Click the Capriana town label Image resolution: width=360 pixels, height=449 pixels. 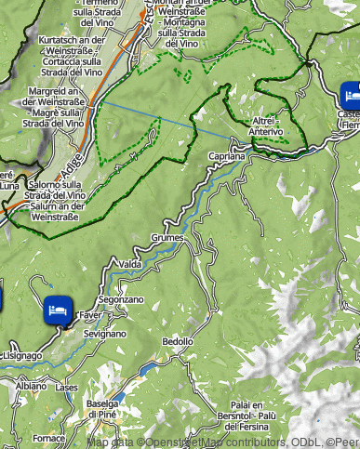pos(226,157)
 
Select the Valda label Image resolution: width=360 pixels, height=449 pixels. pos(130,264)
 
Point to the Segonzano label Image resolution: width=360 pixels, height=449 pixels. pos(121,300)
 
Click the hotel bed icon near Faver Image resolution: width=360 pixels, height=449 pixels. pos(57,310)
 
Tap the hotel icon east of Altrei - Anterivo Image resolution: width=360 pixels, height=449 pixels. pos(351,94)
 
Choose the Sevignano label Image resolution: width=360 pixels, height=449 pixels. pos(103,332)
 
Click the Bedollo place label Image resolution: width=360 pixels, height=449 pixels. pos(178,341)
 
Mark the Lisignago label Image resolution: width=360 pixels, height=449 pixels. pos(21,355)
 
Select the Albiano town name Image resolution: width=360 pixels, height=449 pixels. pos(30,385)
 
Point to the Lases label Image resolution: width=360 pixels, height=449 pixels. pos(67,387)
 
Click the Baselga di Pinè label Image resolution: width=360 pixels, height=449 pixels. pos(102,408)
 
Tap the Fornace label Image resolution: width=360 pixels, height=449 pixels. pos(48,437)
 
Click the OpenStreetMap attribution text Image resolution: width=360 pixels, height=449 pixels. pos(223,442)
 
